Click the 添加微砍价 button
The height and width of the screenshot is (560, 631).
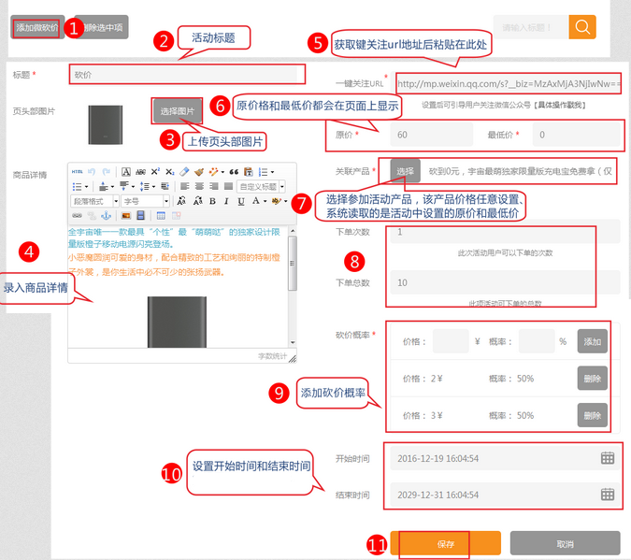tap(36, 28)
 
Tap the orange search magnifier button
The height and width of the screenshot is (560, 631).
tap(581, 26)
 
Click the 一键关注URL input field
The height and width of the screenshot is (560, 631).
tap(509, 83)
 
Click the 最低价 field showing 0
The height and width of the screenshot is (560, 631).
tap(576, 135)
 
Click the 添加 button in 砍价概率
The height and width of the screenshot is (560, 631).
tap(592, 342)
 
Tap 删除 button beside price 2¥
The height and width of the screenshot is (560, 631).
tap(592, 379)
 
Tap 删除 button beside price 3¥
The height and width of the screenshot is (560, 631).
tap(592, 415)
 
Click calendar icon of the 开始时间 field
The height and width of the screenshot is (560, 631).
tap(608, 458)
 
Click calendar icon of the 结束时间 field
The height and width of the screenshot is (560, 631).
tap(608, 495)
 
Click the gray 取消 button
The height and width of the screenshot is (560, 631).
tap(564, 543)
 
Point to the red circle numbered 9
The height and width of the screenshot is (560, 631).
tap(279, 393)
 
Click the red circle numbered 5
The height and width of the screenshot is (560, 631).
tap(317, 43)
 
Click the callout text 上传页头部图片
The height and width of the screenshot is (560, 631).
tap(224, 141)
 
